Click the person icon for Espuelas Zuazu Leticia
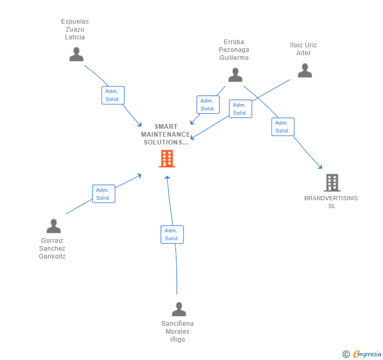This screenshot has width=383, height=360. (x=76, y=54)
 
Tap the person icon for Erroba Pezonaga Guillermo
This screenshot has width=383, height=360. (x=235, y=75)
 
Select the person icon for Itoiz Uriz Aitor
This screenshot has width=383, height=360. (x=305, y=70)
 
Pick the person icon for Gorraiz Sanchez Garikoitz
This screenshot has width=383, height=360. (x=54, y=226)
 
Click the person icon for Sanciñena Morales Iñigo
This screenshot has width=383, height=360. (x=179, y=309)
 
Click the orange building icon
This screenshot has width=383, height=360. (x=167, y=158)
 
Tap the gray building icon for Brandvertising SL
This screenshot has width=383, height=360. (x=332, y=182)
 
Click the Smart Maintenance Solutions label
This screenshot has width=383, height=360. (x=165, y=135)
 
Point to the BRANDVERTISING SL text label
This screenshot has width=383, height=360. (x=331, y=202)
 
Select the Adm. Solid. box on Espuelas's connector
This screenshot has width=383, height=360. (x=113, y=95)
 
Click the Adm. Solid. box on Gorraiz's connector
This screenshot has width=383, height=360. (x=103, y=194)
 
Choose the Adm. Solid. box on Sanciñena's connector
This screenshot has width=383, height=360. (x=172, y=234)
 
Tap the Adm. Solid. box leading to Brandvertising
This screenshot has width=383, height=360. (x=283, y=127)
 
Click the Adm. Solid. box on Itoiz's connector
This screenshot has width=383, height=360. (x=240, y=109)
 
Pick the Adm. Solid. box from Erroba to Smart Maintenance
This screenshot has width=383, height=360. (x=208, y=105)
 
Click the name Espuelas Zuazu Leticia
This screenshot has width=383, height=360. (x=75, y=29)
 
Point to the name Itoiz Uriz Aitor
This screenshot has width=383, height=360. (x=304, y=49)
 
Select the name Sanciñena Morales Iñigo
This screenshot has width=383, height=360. (x=177, y=332)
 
